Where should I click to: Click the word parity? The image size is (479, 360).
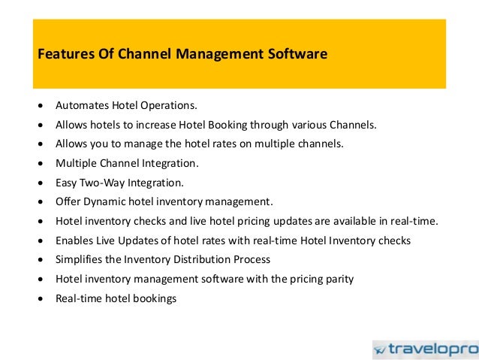pos(338,279)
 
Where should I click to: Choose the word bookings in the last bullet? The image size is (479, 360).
pos(153,298)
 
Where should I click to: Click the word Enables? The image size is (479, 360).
pos(74,241)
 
